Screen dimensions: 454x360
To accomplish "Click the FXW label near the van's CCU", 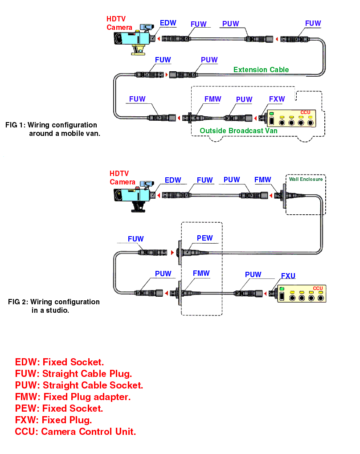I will click(277, 99).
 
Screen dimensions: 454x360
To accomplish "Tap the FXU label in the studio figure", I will click(288, 276).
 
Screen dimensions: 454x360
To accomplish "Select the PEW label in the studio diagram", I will click(205, 238).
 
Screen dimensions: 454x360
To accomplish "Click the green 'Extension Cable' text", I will click(261, 70).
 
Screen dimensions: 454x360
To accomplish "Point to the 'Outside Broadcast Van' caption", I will click(238, 131).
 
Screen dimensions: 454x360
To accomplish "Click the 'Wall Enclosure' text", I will click(306, 180).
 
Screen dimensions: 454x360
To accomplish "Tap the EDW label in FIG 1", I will click(168, 23).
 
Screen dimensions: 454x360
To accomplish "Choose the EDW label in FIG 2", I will click(173, 180).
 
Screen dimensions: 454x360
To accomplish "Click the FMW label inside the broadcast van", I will click(213, 99).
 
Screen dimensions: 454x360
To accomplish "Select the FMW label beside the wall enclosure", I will click(263, 180).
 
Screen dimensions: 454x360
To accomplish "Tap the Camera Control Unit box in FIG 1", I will click(291, 119).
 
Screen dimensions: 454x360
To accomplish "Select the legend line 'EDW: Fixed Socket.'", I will click(59, 362).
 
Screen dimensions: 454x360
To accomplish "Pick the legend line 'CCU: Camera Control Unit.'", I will click(75, 431).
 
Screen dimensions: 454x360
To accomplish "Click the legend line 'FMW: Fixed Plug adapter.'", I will click(73, 397).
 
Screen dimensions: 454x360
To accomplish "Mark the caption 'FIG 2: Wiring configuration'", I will click(54, 302).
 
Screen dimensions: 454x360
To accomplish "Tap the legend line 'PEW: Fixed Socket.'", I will click(59, 408).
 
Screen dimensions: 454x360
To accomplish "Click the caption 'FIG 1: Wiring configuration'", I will click(51, 125).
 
